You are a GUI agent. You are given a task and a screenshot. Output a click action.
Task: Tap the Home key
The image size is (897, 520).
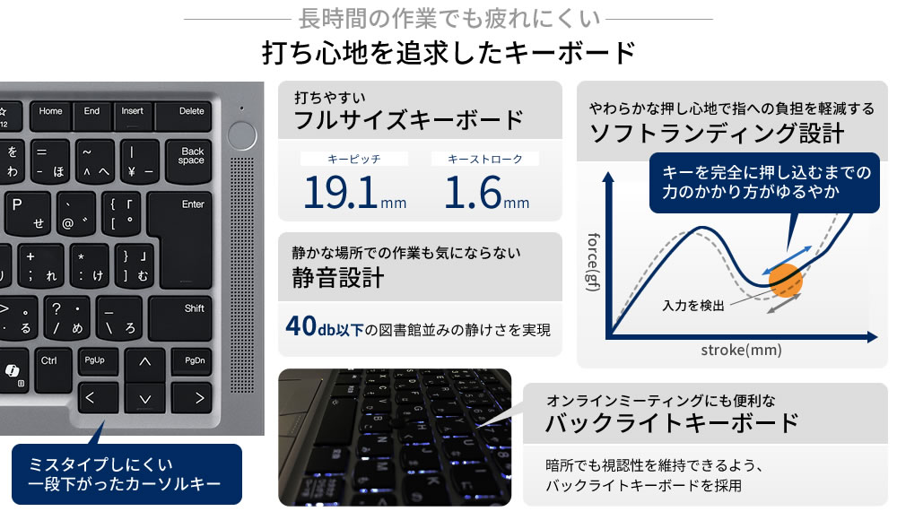click(51, 117)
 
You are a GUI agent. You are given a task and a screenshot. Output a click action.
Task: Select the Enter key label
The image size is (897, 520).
click(193, 204)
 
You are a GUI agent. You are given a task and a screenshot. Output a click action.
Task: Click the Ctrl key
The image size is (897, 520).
click(54, 370)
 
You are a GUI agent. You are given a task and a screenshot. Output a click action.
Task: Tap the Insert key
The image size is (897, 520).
click(133, 117)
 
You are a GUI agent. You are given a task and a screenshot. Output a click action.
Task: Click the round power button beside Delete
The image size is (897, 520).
click(242, 135)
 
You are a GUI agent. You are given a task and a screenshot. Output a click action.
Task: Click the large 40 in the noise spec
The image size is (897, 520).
click(300, 326)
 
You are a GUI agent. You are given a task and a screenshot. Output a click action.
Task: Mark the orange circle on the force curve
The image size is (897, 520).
click(786, 281)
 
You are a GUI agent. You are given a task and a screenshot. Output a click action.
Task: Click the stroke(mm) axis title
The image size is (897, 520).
click(742, 350)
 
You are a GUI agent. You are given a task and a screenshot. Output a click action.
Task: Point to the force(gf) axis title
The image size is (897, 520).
click(594, 262)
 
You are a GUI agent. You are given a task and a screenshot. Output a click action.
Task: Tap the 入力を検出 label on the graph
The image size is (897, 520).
click(693, 306)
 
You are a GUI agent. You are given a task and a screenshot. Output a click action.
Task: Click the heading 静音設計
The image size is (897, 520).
click(337, 278)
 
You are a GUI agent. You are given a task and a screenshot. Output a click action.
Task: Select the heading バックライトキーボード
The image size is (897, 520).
click(672, 423)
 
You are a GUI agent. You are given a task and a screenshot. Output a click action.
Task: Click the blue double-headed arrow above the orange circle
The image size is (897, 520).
click(788, 260)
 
